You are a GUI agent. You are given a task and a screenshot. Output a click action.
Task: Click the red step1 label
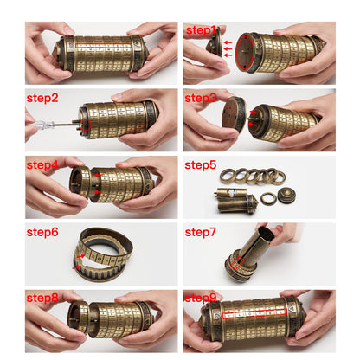coord(201,30)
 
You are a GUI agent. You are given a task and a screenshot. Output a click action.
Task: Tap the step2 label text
coord(42,98)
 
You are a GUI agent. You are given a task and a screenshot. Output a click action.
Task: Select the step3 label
coord(201,98)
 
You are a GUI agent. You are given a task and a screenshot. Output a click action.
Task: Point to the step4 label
coord(42,165)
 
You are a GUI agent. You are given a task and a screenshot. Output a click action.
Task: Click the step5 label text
coord(201,165)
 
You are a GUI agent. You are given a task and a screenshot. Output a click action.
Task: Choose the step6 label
coord(42,232)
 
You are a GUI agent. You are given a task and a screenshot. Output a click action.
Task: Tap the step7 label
coord(201,232)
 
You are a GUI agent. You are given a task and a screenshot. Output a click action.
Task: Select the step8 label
coord(42,298)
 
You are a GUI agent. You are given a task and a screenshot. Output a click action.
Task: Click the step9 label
coord(201,298)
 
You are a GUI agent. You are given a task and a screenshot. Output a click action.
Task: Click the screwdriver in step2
coord(52,124)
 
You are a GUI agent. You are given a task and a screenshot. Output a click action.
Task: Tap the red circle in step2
coord(85,125)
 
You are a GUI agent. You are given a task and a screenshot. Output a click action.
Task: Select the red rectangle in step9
coord(255,313)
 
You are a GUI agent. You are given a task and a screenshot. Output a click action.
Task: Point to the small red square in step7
coord(237,263)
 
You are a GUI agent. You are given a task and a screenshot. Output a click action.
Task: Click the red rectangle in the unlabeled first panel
coord(104,45)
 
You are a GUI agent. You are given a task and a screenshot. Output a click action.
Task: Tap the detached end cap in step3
coord(234,115)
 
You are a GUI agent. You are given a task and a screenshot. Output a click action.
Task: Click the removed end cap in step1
coord(215,42)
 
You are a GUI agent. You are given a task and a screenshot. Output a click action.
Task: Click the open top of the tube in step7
coord(266,233)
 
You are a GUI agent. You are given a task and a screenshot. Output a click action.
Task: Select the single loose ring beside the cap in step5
coord(268,199)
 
